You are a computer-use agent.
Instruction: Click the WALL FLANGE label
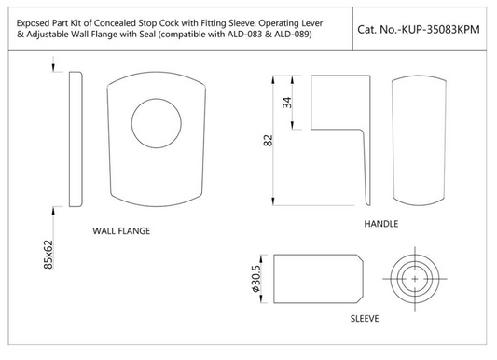point(121,229)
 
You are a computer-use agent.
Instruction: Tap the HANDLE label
point(380,225)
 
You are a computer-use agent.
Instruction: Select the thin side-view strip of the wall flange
point(76,137)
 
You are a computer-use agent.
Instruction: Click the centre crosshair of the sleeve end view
point(410,278)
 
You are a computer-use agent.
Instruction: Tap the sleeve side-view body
point(317,278)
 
